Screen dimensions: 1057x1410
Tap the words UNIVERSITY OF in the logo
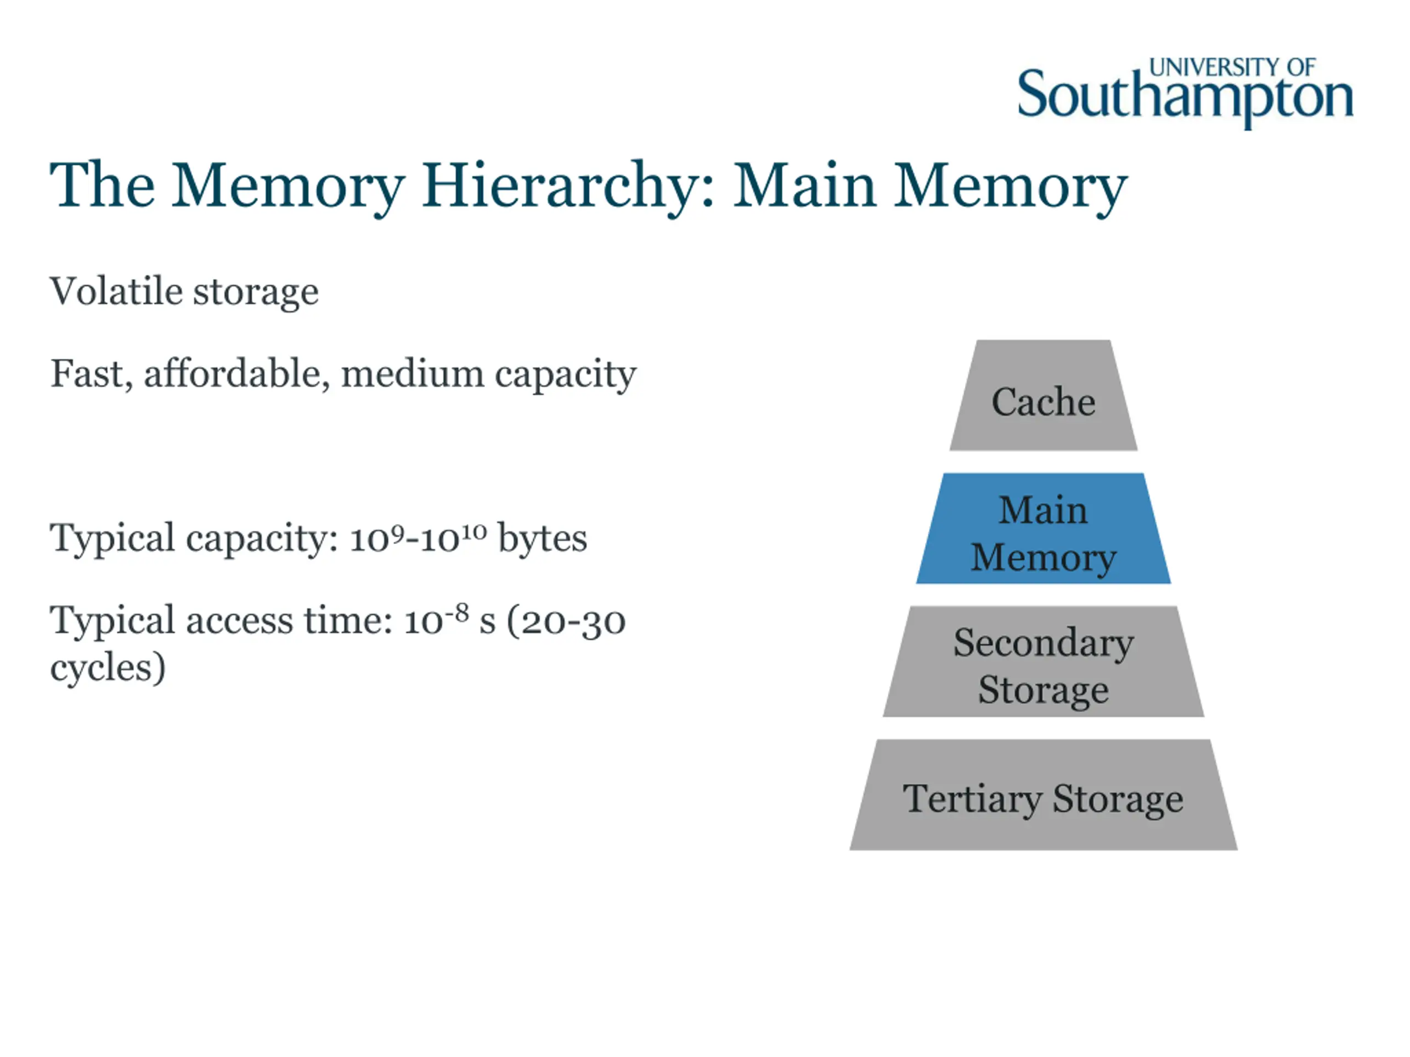click(x=1232, y=67)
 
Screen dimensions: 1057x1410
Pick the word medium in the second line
click(x=413, y=373)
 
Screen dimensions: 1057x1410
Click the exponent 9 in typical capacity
click(x=397, y=531)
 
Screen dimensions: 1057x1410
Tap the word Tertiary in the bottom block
click(x=972, y=798)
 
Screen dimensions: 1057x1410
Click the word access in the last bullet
click(x=239, y=621)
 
